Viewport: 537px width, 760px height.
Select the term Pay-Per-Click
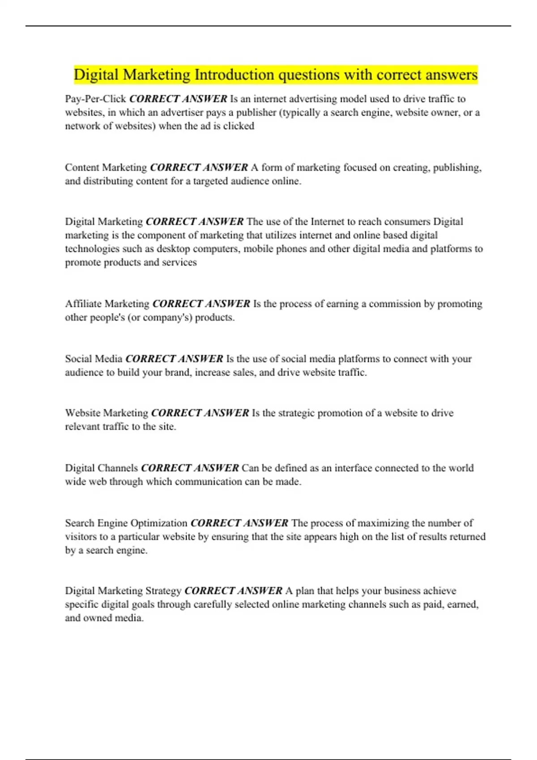(95, 99)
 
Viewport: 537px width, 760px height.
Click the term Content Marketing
(106, 168)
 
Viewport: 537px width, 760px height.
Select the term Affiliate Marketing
(107, 304)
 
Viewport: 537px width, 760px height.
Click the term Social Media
(94, 359)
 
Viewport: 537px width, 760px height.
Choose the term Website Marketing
(107, 413)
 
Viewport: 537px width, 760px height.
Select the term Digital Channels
(102, 468)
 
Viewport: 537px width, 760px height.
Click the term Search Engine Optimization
(126, 523)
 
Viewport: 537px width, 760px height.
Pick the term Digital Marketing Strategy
(123, 591)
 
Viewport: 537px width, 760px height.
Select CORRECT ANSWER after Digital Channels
(190, 468)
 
